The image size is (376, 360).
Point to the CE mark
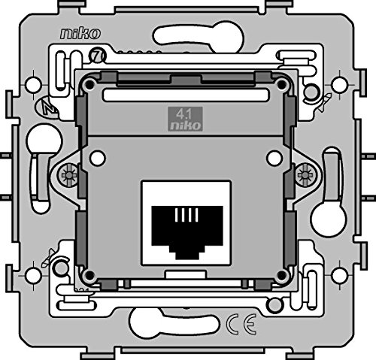tap(241, 324)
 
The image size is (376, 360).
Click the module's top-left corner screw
tap(89, 84)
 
